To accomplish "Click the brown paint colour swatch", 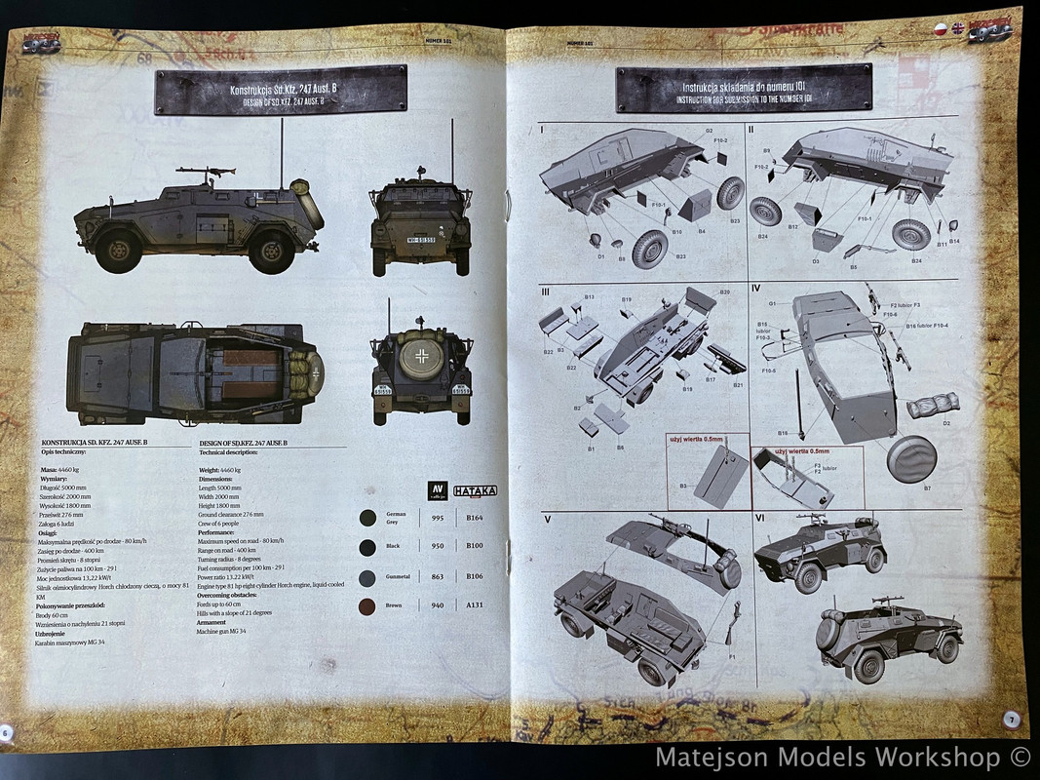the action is (367, 606).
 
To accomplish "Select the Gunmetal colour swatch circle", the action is (367, 577).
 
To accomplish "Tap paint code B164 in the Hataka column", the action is (475, 519).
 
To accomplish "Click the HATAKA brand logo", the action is (476, 491).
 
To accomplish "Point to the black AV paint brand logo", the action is (436, 490).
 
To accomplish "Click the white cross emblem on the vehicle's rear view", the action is (421, 355).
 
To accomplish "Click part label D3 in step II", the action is (815, 261).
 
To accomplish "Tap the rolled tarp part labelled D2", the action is (933, 404).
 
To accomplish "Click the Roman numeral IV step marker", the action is (756, 288).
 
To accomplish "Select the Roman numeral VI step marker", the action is (758, 520).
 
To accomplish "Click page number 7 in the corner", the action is (1011, 719).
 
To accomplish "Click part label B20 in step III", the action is (724, 292).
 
